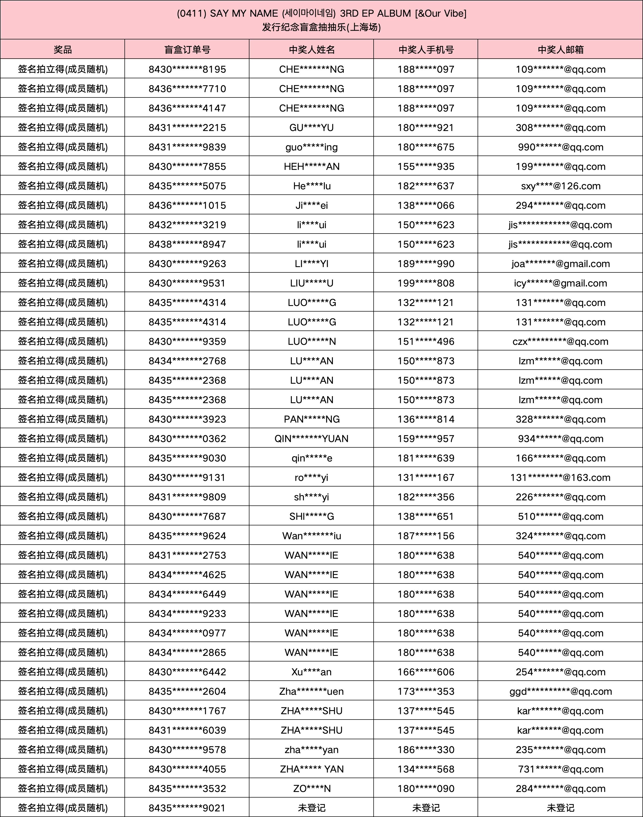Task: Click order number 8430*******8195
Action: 187,69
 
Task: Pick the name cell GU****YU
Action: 311,128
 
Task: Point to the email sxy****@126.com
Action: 560,186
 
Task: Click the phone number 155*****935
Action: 426,166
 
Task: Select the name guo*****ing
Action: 311,147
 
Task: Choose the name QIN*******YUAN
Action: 311,438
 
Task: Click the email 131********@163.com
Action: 560,477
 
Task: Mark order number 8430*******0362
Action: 187,438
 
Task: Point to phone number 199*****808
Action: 426,283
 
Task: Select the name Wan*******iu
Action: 311,536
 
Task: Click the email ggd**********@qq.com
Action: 560,691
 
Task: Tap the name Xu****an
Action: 311,672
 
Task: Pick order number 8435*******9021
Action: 187,808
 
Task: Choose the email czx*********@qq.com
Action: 560,341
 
